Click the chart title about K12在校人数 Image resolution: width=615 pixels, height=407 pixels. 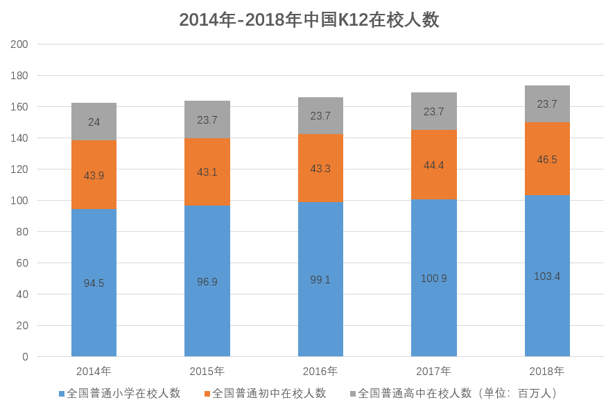point(309,19)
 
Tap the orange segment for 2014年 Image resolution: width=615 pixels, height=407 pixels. point(94,175)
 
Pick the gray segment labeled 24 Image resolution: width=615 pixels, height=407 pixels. point(94,122)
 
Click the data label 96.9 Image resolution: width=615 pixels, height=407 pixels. point(207,282)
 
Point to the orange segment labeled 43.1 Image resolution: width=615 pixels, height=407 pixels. point(207,172)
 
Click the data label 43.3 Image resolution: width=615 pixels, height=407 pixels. point(320,169)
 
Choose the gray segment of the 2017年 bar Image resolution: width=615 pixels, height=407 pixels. point(433,111)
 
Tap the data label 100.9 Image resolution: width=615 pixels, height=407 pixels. point(433,279)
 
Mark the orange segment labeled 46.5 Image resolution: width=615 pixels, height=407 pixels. point(547,159)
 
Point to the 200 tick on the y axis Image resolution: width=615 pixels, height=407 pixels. point(19,44)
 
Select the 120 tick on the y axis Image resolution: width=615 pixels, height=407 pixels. point(19,169)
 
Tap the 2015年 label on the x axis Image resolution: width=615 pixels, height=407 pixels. point(207,371)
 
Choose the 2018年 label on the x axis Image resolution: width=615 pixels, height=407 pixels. point(547,371)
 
